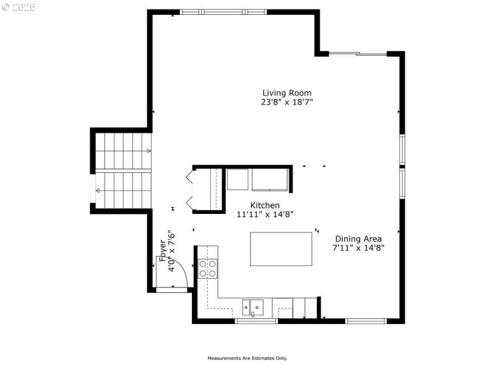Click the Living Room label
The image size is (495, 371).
tap(286, 93)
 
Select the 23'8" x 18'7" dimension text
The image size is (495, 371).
tap(286, 103)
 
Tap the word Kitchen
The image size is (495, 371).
tap(265, 205)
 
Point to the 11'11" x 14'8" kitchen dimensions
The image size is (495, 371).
tap(265, 215)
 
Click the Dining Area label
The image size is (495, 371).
tap(358, 239)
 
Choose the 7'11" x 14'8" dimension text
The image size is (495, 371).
tap(358, 248)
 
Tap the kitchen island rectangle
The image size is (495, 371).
tap(281, 249)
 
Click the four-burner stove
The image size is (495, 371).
tap(208, 268)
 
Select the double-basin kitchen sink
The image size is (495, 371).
tap(253, 305)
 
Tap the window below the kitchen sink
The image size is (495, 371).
tap(256, 321)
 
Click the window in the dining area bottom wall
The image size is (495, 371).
tap(366, 321)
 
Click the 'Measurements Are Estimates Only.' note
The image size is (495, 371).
tap(247, 358)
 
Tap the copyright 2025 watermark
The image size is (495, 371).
tap(19, 7)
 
